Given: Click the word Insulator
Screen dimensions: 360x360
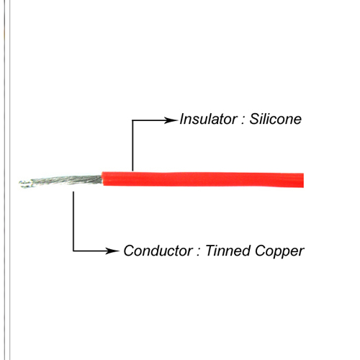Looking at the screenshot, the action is [208, 119].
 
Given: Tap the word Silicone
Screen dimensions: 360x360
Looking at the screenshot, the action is [275, 119].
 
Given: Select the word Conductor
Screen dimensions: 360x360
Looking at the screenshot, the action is [158, 251].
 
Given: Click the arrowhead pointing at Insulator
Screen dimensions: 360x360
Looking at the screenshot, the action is [171, 120].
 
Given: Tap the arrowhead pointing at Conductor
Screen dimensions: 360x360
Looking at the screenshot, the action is [112, 251].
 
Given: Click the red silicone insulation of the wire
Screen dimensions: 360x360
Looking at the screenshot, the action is [203, 179].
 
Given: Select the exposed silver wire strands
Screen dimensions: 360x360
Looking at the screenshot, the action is [61, 181].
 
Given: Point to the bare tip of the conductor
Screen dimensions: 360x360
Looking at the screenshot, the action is [20, 184].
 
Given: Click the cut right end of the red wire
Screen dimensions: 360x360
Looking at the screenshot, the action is [303, 180].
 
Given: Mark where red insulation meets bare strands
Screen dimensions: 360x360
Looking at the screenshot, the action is [102, 179].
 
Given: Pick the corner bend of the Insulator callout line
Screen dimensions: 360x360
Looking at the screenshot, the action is [132, 120].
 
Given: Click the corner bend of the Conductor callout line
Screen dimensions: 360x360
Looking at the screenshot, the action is [73, 251].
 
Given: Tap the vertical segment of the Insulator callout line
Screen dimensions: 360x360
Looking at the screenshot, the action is [132, 145].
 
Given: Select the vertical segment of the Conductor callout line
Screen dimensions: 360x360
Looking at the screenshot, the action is [73, 221].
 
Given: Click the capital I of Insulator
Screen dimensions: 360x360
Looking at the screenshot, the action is [183, 119].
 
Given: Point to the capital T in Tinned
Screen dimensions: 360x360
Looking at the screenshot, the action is [211, 251].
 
